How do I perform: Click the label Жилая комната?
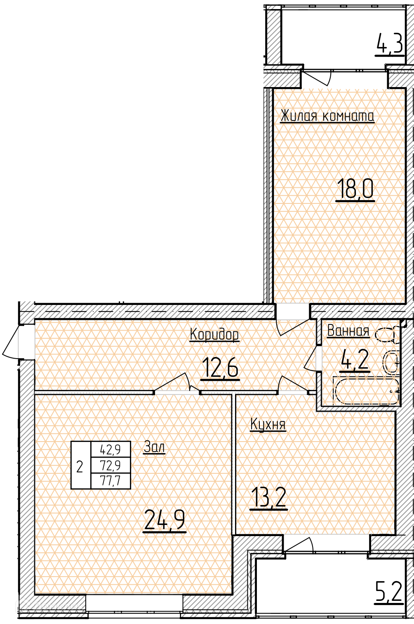click(327, 116)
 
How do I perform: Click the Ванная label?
click(348, 331)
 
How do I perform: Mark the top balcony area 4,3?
click(390, 44)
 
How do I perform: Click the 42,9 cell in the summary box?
click(111, 449)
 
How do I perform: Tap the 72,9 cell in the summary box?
click(111, 465)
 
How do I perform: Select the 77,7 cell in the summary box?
click(111, 480)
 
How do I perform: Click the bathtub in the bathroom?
click(366, 391)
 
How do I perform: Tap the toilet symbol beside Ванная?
click(387, 334)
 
